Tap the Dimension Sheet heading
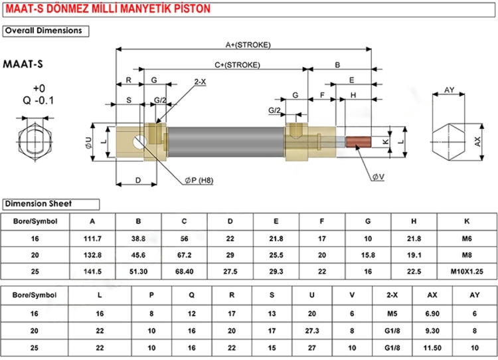38,204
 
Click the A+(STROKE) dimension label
243,45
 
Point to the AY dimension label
449,90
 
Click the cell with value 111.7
92,237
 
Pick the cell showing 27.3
309,329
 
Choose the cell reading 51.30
138,272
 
